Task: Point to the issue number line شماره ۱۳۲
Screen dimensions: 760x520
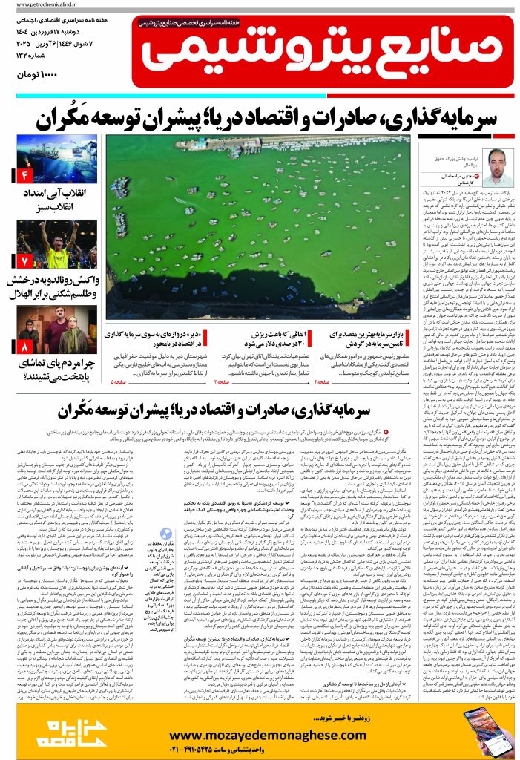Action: click(x=71, y=62)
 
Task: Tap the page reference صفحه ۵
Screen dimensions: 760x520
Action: click(x=121, y=381)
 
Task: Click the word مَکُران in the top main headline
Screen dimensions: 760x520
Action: click(x=70, y=117)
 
